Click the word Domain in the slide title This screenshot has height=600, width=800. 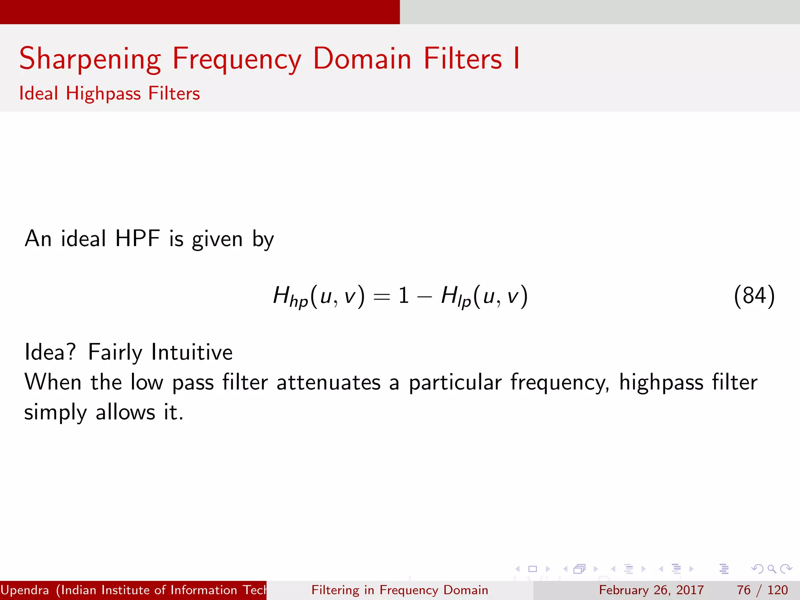(x=362, y=59)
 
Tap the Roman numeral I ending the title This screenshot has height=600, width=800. (x=516, y=59)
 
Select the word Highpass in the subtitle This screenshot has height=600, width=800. (x=103, y=94)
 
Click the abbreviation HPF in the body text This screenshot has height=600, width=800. (x=137, y=239)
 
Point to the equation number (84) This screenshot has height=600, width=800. (x=754, y=296)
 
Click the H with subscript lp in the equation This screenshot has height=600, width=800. (x=455, y=296)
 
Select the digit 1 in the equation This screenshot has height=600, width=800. (x=404, y=295)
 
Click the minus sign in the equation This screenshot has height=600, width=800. (x=424, y=297)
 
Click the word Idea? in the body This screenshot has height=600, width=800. (x=50, y=352)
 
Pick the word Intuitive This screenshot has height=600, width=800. (x=192, y=352)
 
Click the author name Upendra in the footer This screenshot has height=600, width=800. (x=25, y=590)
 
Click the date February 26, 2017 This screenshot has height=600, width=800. (x=651, y=590)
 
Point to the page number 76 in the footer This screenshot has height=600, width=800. (x=743, y=590)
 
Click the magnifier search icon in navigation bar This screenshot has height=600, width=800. (x=771, y=569)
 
